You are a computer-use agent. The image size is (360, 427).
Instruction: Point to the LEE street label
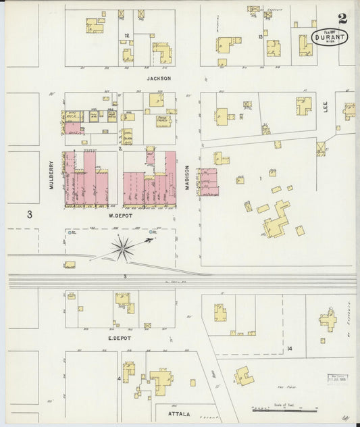325,116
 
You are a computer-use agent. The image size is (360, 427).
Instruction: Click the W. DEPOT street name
122,216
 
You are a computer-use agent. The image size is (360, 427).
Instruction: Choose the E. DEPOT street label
119,337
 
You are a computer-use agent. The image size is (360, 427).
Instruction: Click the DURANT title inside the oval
331,38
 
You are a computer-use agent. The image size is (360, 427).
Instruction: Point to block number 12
126,34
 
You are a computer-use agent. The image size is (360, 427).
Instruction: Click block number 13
260,36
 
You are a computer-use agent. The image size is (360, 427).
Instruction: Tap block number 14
289,348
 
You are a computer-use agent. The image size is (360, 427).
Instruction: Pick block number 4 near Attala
119,378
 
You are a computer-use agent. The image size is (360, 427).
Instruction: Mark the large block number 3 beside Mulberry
30,215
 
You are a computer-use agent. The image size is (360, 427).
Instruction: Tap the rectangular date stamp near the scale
338,378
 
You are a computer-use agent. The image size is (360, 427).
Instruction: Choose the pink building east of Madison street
208,182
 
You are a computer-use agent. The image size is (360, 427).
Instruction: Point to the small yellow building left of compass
70,264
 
